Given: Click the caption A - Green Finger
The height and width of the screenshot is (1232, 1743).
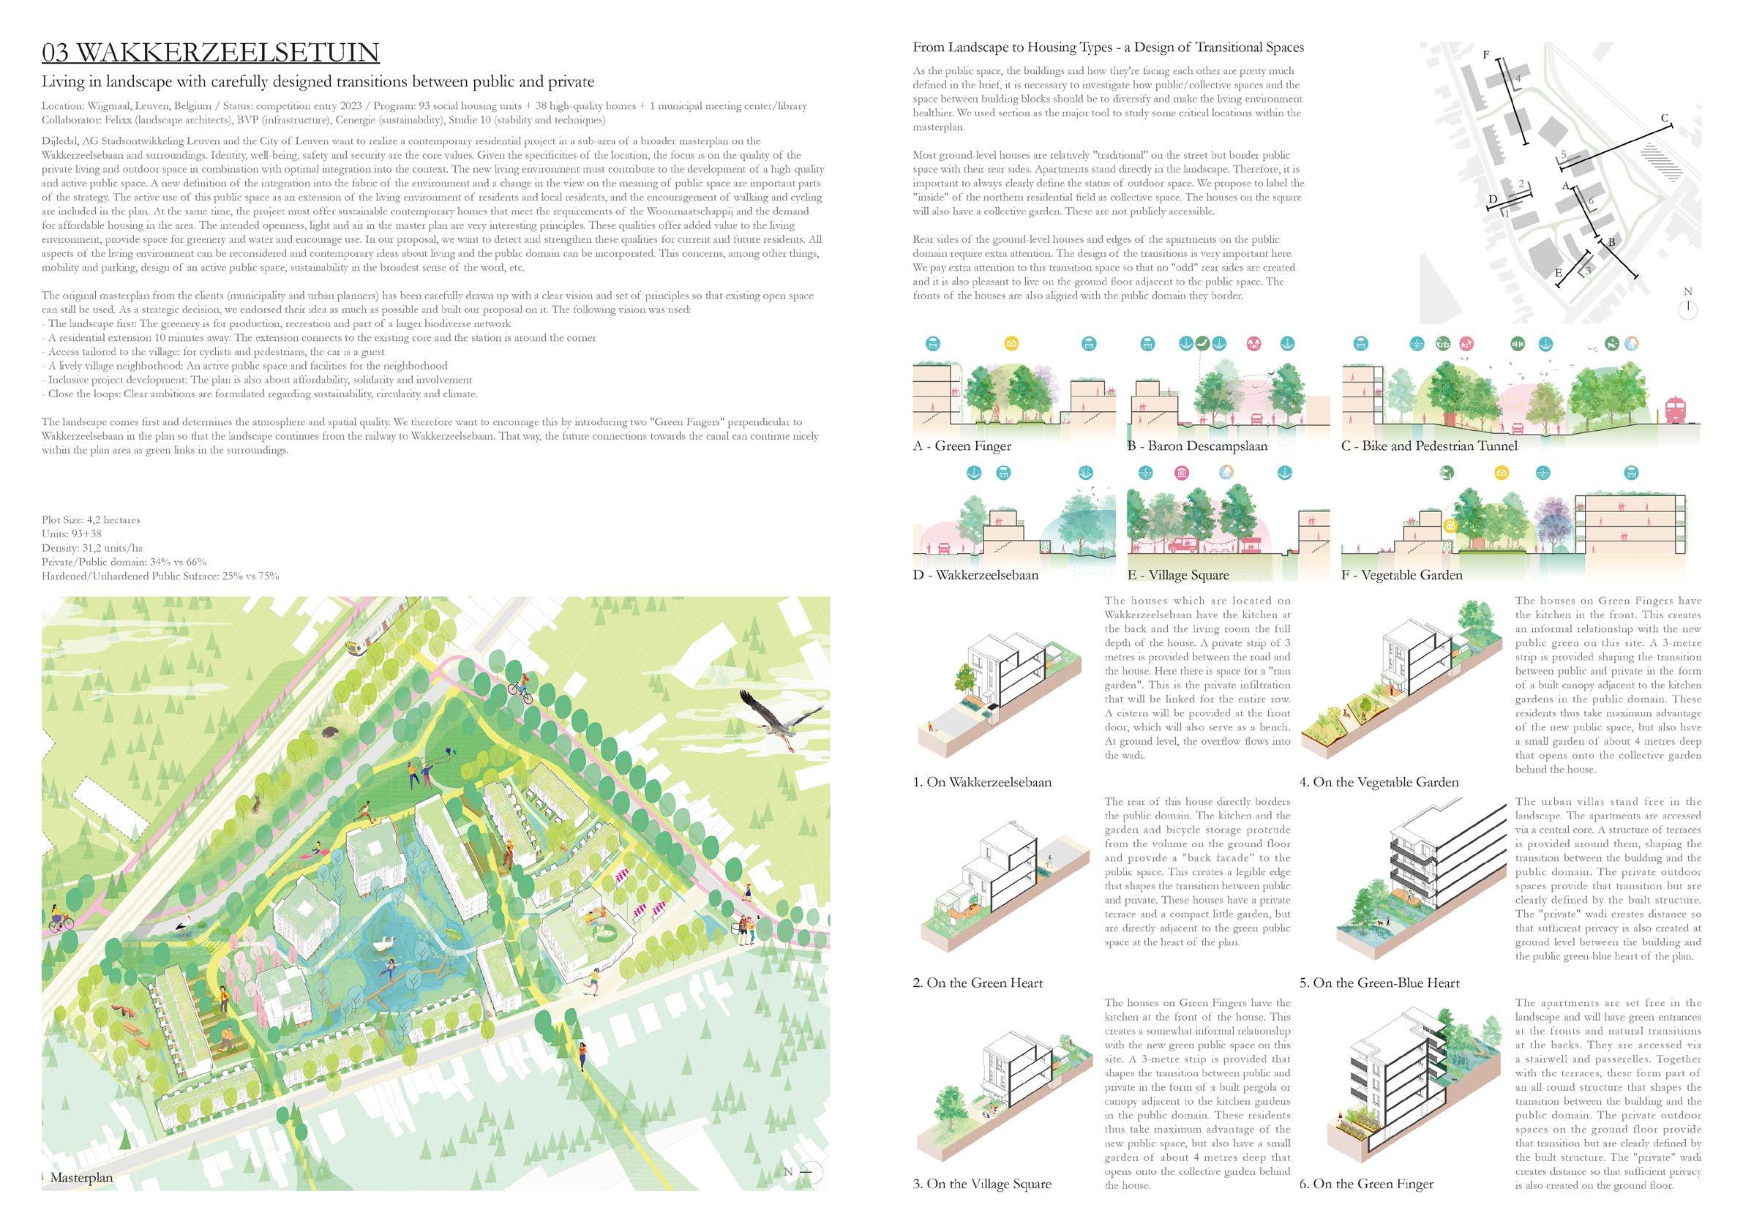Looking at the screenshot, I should click(962, 446).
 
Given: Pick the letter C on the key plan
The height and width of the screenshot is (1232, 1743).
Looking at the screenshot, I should click(1664, 119).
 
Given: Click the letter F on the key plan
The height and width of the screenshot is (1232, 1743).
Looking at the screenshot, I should click(1485, 77).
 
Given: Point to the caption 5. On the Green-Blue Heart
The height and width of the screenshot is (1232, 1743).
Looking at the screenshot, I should click(1379, 983).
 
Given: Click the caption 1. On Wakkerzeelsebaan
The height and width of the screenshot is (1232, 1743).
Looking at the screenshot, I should click(981, 782).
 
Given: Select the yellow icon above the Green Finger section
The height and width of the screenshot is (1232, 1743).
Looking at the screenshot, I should click(1011, 344).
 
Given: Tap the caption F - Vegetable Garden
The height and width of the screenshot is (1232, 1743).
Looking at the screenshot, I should click(1401, 574).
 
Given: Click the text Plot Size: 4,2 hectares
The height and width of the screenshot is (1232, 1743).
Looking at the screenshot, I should click(91, 520).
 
